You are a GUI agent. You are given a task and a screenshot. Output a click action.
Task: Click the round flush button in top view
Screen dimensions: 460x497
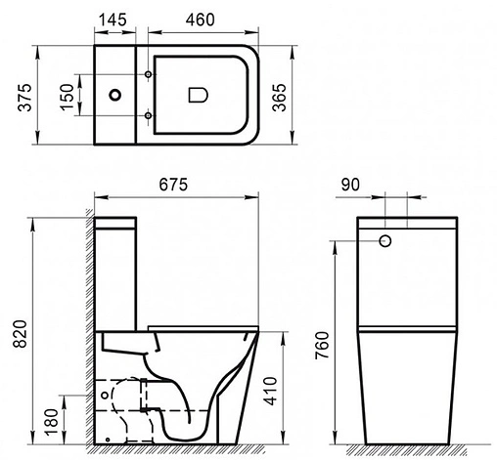(x=116, y=95)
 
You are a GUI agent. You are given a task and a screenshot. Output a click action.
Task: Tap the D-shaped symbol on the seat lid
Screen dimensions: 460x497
(x=196, y=95)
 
